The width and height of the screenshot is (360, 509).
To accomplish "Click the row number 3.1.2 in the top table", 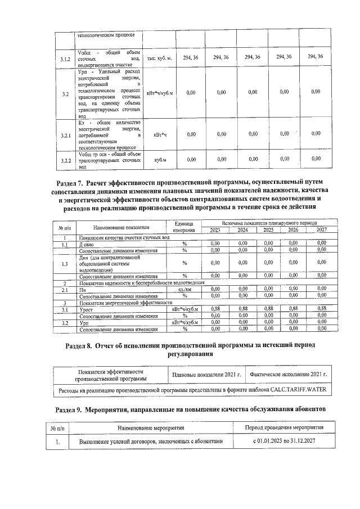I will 65,58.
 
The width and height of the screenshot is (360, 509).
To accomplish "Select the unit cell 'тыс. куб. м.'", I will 160,58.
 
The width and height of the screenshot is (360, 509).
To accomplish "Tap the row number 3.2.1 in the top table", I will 65,134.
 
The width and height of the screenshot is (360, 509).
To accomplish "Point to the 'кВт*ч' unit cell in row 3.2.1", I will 160,134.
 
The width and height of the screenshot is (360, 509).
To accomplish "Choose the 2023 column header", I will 215,230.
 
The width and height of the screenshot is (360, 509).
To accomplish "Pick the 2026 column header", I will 294,230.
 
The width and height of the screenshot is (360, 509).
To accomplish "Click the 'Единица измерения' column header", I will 184,227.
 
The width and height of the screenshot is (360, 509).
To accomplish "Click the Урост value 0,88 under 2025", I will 268,309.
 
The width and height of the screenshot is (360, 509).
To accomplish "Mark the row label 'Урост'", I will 87,309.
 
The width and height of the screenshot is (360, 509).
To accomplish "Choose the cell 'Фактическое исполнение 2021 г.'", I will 289,374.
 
